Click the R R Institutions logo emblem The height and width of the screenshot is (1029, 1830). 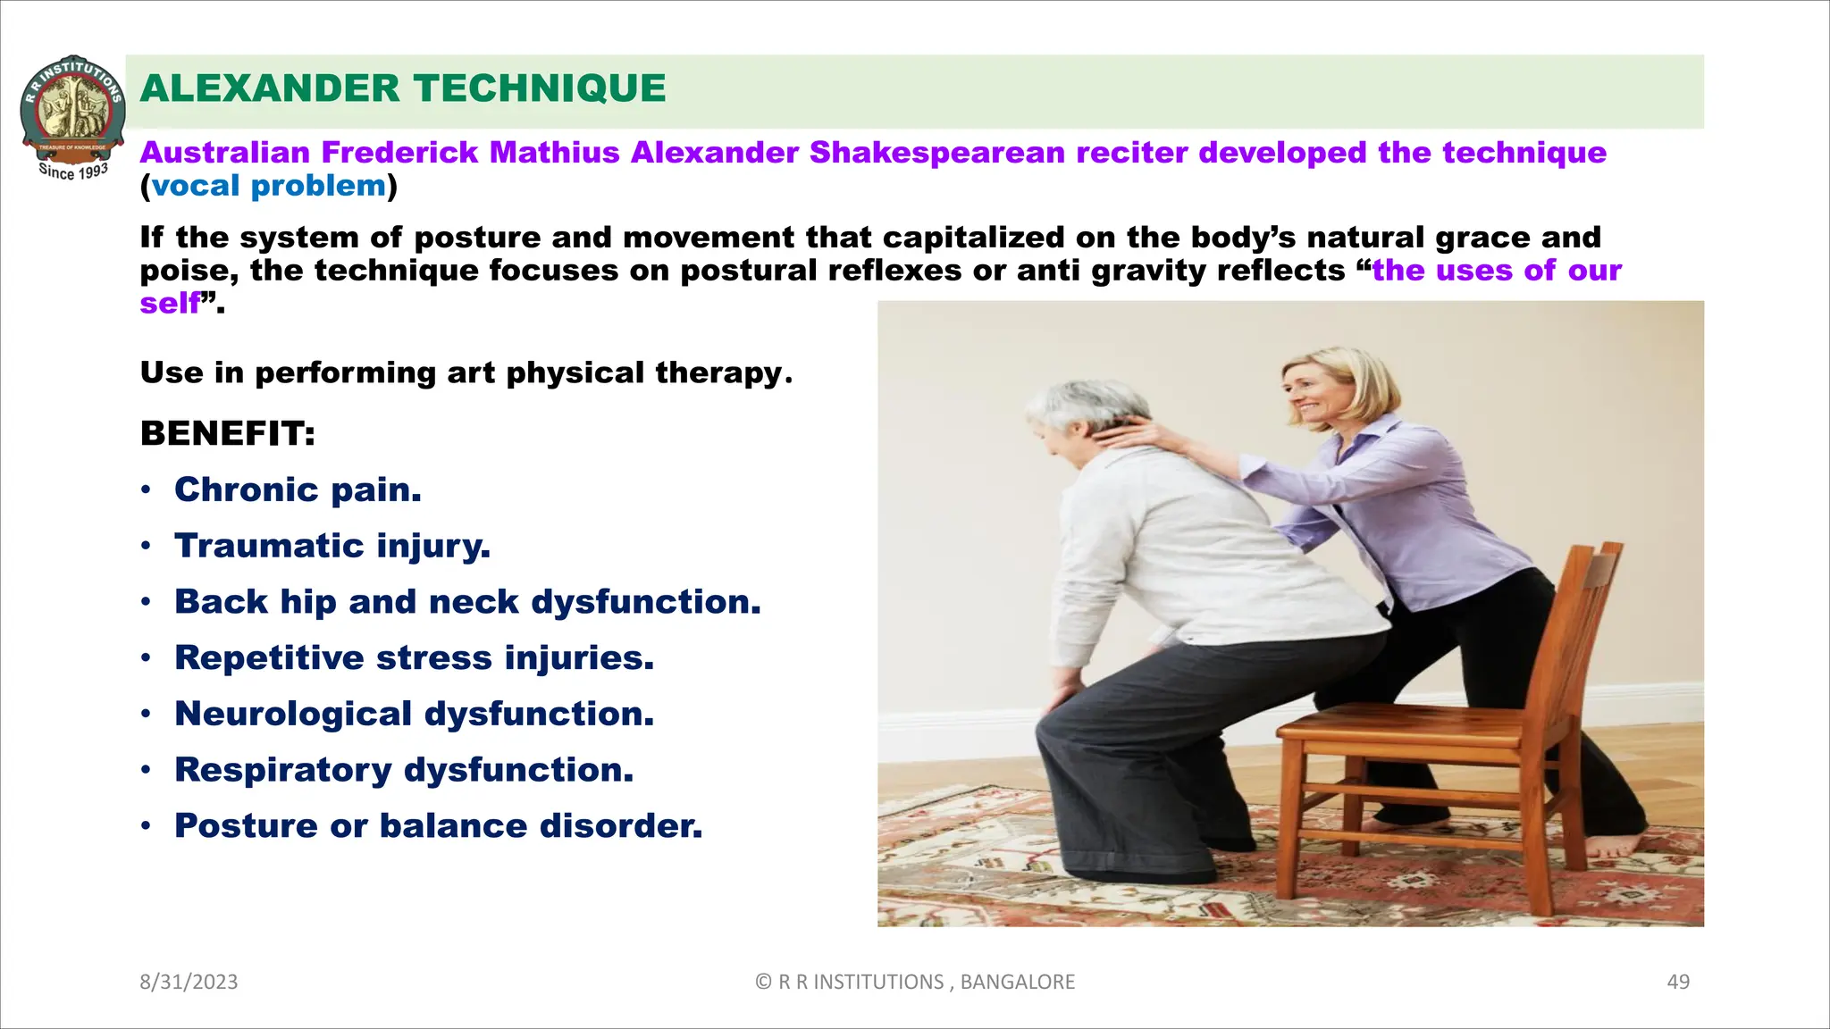pos(72,105)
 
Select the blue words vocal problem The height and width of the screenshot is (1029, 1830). pos(268,186)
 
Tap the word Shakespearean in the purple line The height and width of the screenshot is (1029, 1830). pos(937,153)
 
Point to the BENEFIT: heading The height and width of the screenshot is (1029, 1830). pos(228,434)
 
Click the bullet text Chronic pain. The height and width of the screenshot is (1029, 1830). pos(298,489)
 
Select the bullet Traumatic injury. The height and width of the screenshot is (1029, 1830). pos(332,546)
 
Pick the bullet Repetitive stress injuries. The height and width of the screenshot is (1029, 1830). pos(414,657)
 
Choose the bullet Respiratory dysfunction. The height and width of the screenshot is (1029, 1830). pos(404,770)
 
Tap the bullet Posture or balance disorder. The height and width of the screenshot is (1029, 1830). pos(438,825)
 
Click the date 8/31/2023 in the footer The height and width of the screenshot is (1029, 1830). pos(189,982)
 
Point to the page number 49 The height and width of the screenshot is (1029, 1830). pos(1678,982)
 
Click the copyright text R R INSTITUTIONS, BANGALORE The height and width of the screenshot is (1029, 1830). pos(915,982)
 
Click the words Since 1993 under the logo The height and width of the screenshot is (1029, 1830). pos(73,171)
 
